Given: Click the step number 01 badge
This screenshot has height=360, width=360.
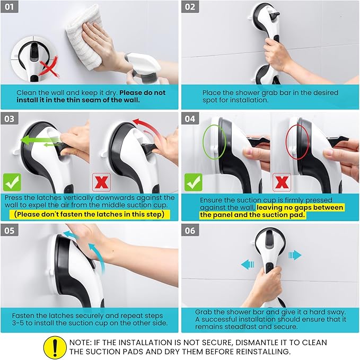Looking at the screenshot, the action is click(x=10, y=7).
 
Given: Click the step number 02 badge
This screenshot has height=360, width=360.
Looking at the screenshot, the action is click(x=190, y=7).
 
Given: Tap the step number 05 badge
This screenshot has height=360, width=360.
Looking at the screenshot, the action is click(x=10, y=230).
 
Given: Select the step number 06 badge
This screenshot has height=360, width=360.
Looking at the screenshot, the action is click(x=190, y=230).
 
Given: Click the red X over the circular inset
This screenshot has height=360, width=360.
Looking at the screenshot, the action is click(x=49, y=67).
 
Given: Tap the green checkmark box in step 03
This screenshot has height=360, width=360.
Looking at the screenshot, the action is click(x=12, y=182).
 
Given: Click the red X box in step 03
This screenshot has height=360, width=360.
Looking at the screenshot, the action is click(x=101, y=182).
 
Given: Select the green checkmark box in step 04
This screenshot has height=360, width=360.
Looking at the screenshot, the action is click(x=194, y=182).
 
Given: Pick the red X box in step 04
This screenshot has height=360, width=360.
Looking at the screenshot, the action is click(x=282, y=182).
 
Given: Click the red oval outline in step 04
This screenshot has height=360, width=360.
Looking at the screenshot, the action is click(x=286, y=142).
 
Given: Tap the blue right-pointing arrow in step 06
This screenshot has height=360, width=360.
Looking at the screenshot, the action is click(x=295, y=255).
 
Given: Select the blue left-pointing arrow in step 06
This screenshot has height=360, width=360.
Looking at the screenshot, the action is click(x=248, y=265).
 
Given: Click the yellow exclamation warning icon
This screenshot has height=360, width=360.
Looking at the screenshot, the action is click(x=55, y=347).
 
